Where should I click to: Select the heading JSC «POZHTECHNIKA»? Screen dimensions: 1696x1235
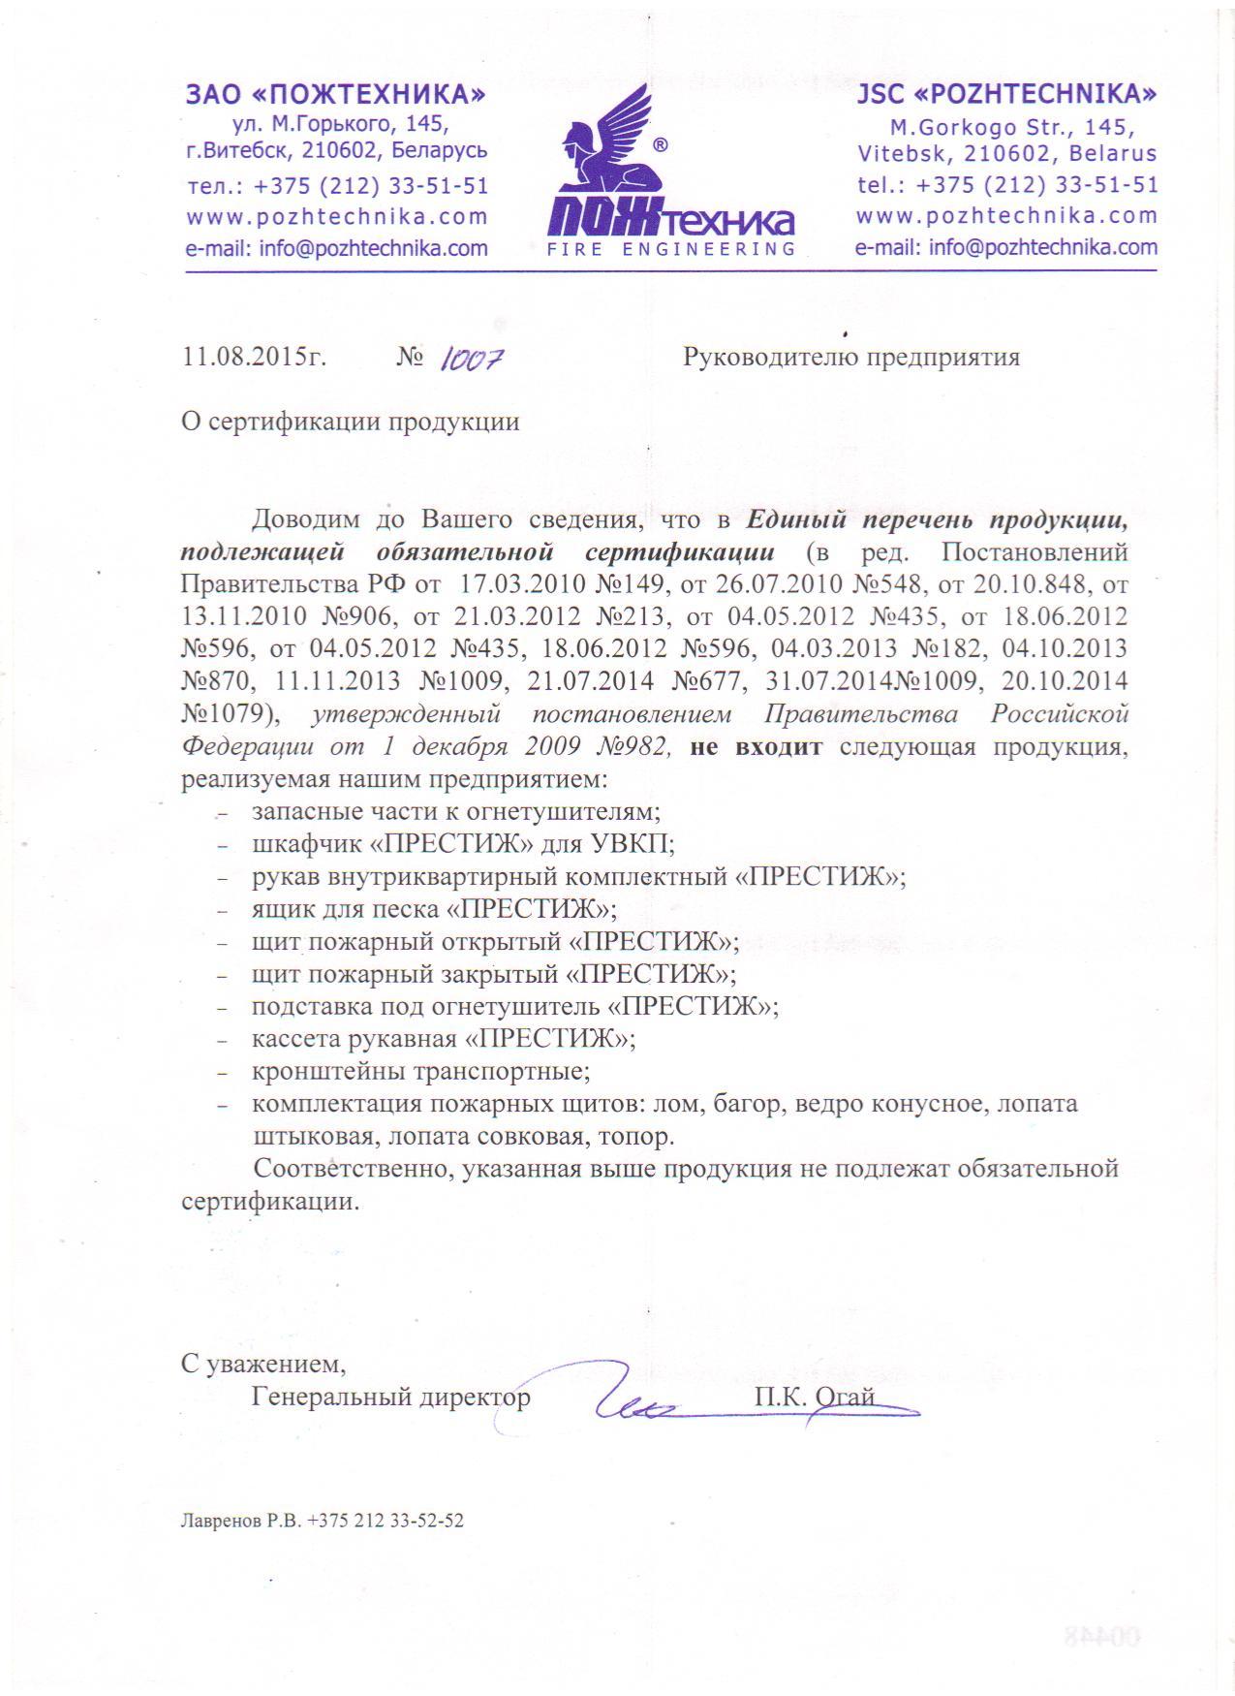tap(1006, 95)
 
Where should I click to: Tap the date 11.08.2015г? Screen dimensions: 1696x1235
tap(254, 358)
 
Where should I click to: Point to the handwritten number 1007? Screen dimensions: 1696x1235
tap(471, 361)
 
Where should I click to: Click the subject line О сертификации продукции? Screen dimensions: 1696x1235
tap(350, 422)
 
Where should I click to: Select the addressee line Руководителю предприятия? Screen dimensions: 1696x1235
tap(851, 358)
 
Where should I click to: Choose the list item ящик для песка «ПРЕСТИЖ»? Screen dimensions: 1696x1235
tap(434, 909)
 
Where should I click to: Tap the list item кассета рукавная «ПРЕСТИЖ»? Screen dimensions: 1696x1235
tap(443, 1039)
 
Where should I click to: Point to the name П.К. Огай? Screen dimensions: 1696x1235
tap(815, 1397)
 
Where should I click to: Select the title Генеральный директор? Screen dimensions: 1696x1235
tap(391, 1397)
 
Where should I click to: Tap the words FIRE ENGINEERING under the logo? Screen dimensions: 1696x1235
tap(664, 250)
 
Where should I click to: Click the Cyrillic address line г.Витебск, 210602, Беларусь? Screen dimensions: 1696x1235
tap(336, 151)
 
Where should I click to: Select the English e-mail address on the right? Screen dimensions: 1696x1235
tap(1005, 247)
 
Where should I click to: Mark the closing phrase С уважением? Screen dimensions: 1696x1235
tap(262, 1364)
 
